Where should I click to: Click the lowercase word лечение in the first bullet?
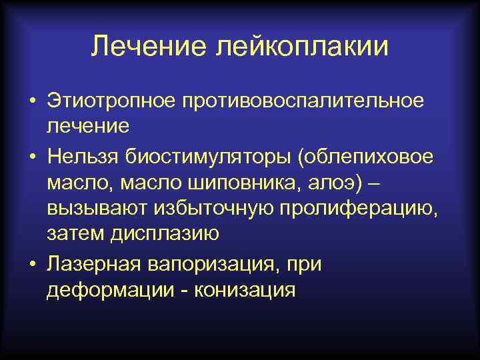[87, 126]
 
